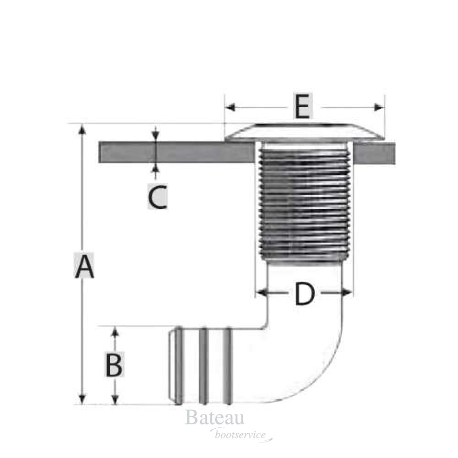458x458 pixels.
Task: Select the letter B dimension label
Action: tap(114, 365)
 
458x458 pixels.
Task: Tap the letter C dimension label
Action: tap(157, 197)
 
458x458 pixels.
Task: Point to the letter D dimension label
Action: tap(305, 294)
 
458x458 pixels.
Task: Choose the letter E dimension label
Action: tap(302, 108)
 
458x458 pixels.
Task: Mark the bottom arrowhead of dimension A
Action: tap(82, 398)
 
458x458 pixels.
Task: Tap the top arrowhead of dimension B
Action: tap(115, 332)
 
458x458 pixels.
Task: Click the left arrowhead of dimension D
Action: tap(261, 292)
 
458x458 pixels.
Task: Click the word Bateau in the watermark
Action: tap(214, 419)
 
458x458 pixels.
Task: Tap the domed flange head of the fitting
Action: tap(305, 131)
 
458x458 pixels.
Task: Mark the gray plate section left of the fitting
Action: tap(176, 153)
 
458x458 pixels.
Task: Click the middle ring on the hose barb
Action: tap(204, 365)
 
